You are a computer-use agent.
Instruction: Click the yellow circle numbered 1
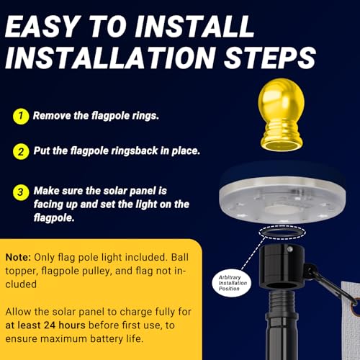point(21,117)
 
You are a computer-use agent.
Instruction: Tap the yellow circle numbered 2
point(21,152)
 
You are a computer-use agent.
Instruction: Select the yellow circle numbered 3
point(21,192)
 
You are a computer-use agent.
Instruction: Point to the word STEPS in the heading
point(270,58)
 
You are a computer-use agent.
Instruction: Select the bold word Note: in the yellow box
point(18,257)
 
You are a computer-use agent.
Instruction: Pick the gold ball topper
point(282,114)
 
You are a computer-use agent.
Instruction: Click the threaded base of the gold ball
point(282,138)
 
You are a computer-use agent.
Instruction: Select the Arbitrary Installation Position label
point(232,283)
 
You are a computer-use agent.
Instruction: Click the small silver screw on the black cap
point(290,250)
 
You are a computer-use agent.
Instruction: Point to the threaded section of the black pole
point(282,302)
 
